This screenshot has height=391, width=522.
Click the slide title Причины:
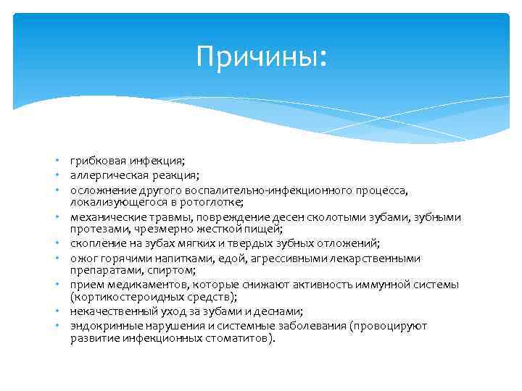pos(261,57)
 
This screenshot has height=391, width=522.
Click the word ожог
pos(81,258)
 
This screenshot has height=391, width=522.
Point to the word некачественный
pos(107,311)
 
